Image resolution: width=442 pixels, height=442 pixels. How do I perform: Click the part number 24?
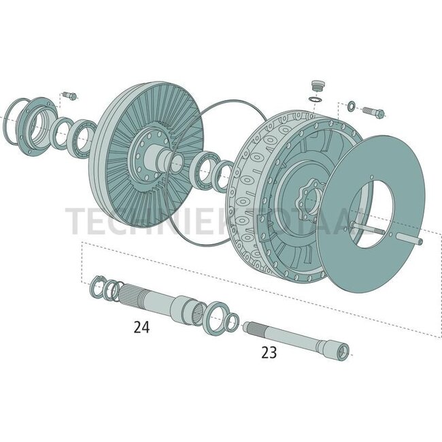pos(141,327)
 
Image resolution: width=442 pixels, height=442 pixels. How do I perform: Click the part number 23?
pos(269,352)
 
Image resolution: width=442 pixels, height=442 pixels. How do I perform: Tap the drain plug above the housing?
pos(315,86)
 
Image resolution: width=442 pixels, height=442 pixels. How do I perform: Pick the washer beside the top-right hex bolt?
pos(350,105)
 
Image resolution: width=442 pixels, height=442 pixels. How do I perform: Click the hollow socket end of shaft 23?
pos(343,351)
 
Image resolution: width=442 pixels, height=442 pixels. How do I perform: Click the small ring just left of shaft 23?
pos(232,323)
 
